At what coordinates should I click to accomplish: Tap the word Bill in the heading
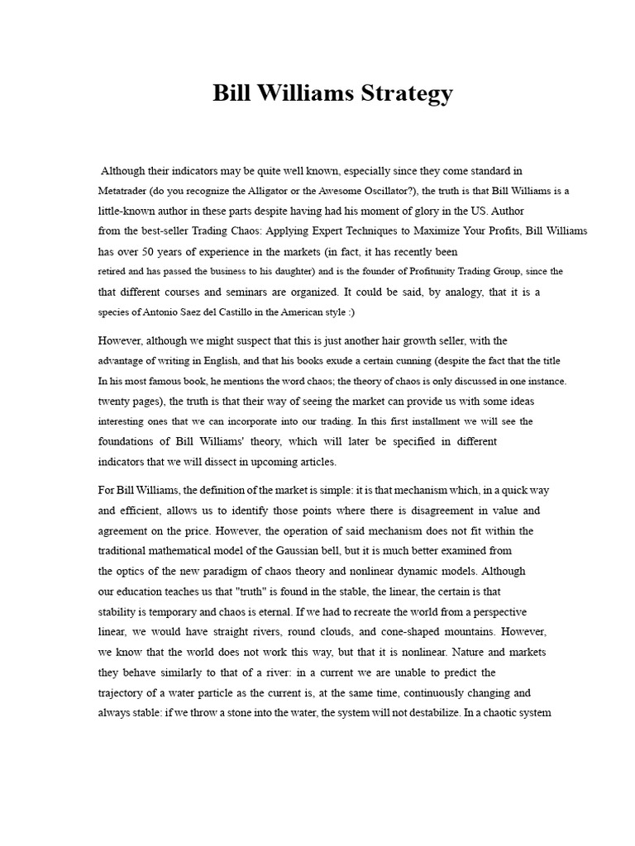232,93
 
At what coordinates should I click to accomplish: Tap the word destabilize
411,712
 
